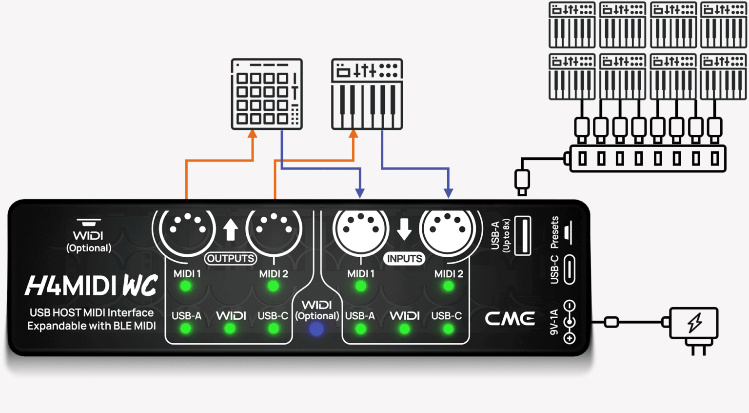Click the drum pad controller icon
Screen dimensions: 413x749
coord(267,94)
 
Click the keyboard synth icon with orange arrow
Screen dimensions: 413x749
coord(367,94)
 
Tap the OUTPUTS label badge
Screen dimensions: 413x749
coord(230,258)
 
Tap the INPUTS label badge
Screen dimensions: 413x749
coord(404,258)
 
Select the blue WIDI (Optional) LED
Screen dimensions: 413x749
coord(316,329)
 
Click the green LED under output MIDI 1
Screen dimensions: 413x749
coord(186,286)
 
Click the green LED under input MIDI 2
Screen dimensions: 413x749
coord(448,286)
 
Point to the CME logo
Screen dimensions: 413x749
coord(510,318)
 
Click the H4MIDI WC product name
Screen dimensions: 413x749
coord(92,286)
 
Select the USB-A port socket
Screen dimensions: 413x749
coord(523,235)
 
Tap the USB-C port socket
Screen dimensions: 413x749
coord(569,269)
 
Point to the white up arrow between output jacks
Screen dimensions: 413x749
coord(231,229)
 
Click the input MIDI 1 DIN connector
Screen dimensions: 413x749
coord(360,228)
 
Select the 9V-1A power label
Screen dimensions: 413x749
coord(554,322)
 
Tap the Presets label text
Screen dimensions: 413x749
coord(554,232)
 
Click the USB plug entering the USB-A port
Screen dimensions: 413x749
coord(522,181)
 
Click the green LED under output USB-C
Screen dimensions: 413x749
coord(274,329)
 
